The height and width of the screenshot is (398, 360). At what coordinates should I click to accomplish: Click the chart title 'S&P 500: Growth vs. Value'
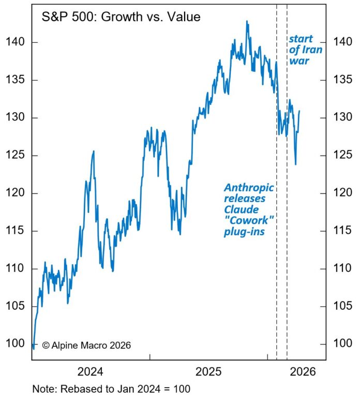click(x=121, y=17)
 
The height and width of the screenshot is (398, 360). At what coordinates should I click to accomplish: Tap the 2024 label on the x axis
click(x=91, y=372)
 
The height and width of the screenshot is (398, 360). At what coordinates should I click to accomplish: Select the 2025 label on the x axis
click(x=208, y=372)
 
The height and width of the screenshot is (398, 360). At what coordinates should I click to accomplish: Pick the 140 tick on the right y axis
click(x=341, y=42)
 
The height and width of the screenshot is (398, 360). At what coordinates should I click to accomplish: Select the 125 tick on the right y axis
click(x=341, y=155)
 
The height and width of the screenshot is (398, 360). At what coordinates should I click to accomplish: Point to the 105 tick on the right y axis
click(x=341, y=306)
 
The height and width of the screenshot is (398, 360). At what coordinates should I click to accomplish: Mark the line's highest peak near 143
click(x=247, y=21)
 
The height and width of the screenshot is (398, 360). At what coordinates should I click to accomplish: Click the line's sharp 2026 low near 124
click(x=295, y=164)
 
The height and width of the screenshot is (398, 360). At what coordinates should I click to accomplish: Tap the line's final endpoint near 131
click(x=299, y=111)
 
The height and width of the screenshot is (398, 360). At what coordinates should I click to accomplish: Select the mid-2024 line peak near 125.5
click(x=93, y=151)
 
